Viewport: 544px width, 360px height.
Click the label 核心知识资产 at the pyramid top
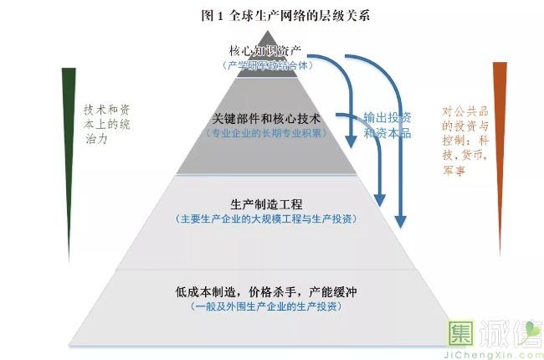[x=263, y=51]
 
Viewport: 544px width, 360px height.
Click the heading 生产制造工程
[x=265, y=204]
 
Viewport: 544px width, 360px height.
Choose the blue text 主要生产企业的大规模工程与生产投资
[x=265, y=219]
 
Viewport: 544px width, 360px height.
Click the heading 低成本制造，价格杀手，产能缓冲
[x=265, y=292]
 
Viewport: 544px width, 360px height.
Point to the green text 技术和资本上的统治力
[x=108, y=126]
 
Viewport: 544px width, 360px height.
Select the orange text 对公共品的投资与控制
[x=464, y=126]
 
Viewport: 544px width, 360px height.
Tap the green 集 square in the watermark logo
[x=463, y=334]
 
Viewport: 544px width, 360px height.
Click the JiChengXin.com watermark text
[x=497, y=353]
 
